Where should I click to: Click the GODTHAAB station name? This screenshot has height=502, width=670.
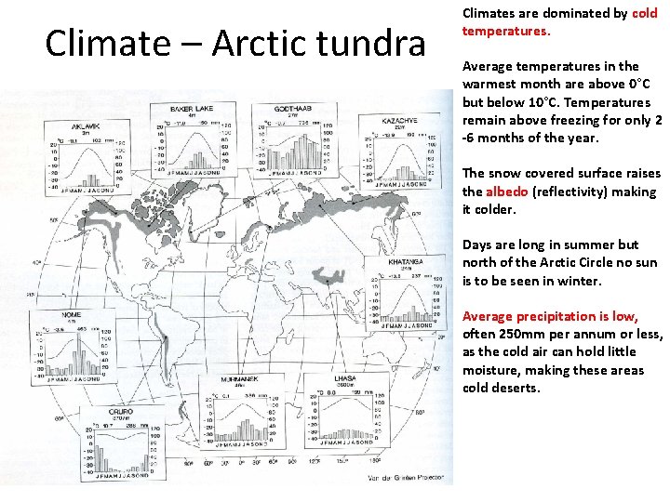(298, 109)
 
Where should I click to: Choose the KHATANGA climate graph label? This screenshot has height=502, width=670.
(408, 263)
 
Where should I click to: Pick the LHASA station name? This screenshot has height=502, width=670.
(345, 379)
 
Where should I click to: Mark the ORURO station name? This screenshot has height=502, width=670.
(120, 411)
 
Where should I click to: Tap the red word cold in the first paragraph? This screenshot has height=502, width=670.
(644, 13)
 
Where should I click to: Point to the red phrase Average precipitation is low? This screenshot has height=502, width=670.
(550, 316)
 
